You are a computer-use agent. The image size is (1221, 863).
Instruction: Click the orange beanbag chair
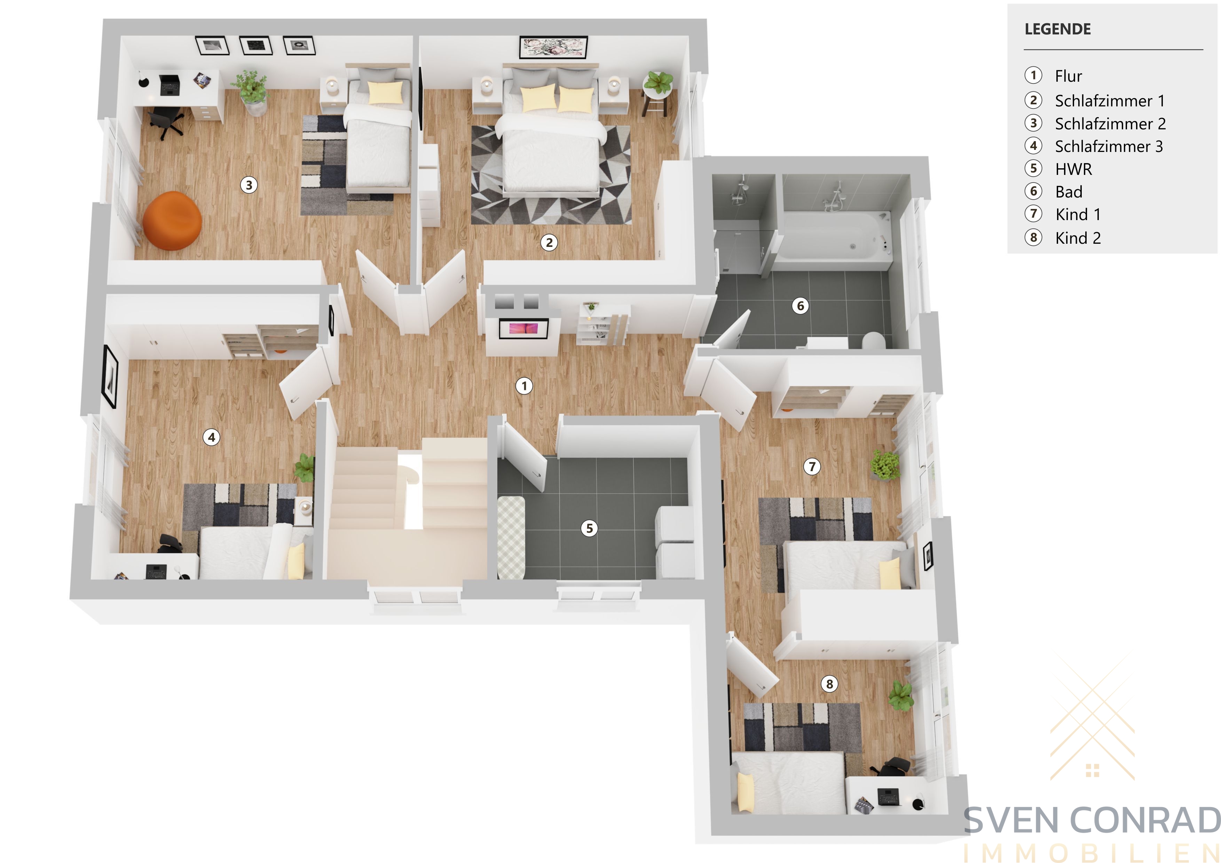coord(172,220)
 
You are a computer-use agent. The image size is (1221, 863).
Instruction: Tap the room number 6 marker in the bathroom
coord(800,306)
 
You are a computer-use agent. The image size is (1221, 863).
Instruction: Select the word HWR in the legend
coord(1073,169)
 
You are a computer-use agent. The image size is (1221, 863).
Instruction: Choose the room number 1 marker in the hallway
coord(524,386)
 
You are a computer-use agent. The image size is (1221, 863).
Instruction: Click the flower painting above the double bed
coord(553,47)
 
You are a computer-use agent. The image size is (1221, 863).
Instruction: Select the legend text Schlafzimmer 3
coord(1109,146)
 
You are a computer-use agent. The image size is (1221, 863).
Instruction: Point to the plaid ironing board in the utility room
coord(511,537)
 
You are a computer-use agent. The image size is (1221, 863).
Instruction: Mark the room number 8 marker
coord(829,684)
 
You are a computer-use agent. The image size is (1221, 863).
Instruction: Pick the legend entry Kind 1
coord(1078,214)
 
